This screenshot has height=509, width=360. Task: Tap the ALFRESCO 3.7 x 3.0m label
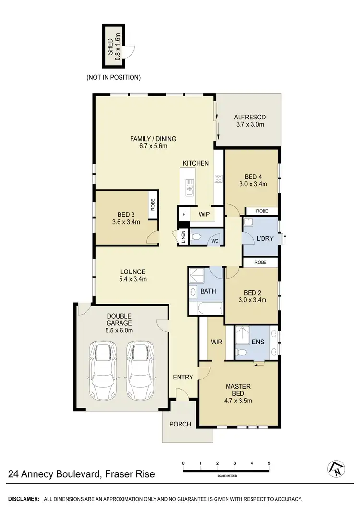pyautogui.click(x=250, y=121)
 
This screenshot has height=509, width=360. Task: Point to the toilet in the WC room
pyautogui.click(x=196, y=237)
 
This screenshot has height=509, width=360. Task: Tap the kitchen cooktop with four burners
pyautogui.click(x=218, y=179)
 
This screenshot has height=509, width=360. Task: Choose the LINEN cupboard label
pyautogui.click(x=183, y=237)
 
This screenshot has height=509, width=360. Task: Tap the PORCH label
pyautogui.click(x=180, y=424)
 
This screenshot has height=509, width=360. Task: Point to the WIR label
pyautogui.click(x=216, y=343)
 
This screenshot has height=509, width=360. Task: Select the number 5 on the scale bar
pyautogui.click(x=269, y=463)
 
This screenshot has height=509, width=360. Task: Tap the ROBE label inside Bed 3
pyautogui.click(x=153, y=205)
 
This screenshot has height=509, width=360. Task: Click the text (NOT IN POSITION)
pyautogui.click(x=113, y=77)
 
